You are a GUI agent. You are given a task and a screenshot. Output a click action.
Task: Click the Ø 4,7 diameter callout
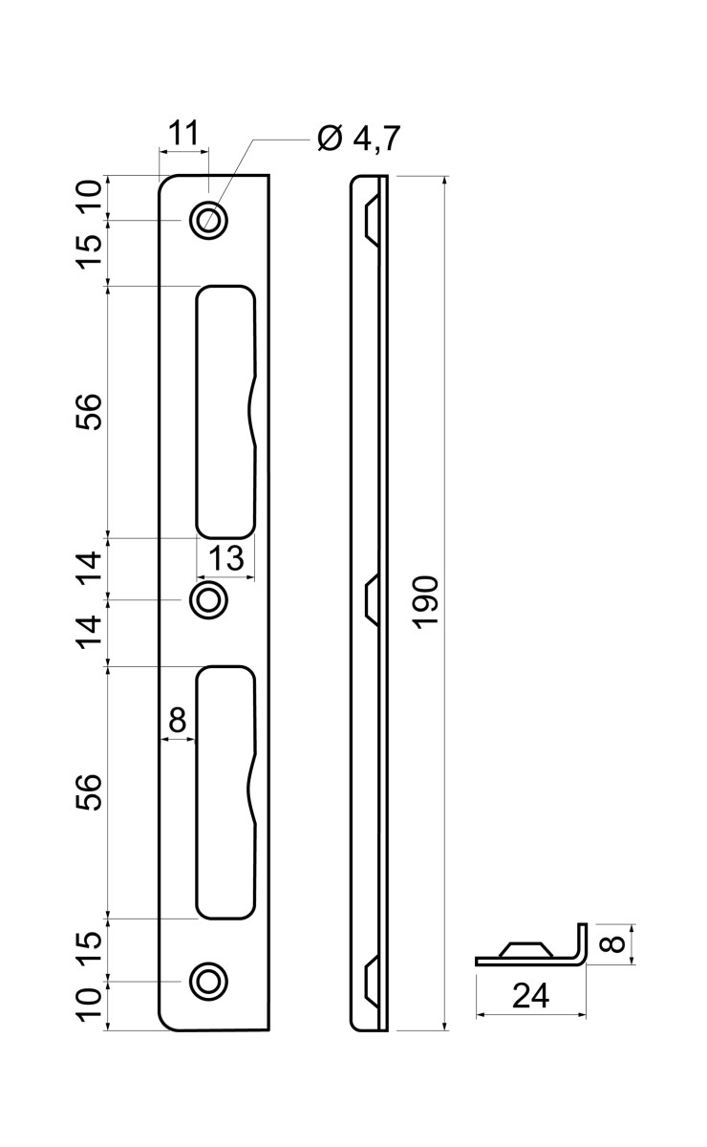[358, 139]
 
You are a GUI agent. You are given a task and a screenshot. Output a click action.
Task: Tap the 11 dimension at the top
[183, 134]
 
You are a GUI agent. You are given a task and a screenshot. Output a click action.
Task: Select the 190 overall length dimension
[426, 601]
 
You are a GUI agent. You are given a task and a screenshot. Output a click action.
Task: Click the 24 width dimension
[530, 996]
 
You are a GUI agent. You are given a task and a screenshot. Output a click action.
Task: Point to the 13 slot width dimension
[225, 557]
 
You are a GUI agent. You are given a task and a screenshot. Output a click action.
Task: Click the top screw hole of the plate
[208, 221]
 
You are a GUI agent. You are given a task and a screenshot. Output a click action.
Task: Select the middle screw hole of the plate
[208, 599]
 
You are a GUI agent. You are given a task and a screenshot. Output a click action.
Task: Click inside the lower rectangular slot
[225, 792]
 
